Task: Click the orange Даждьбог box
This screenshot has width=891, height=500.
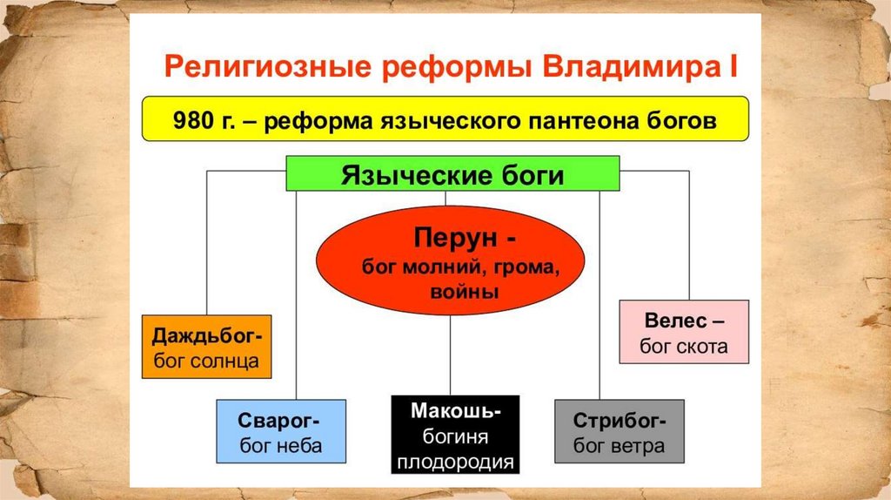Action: point(206,347)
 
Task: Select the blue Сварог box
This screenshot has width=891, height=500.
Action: point(281,431)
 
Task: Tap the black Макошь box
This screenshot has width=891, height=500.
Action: point(455,435)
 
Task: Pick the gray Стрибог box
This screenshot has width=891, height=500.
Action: point(620,431)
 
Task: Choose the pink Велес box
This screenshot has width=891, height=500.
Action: point(684,331)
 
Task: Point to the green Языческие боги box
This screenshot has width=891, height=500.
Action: point(452,174)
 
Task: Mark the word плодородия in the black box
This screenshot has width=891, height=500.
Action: point(455,461)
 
